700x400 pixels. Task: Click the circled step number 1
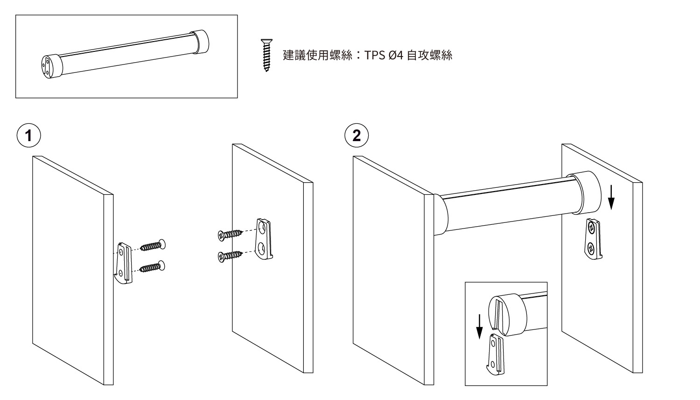(x=29, y=136)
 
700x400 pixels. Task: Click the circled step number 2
(x=357, y=136)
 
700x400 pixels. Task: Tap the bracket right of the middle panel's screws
(x=265, y=238)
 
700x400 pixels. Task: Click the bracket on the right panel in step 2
(x=593, y=239)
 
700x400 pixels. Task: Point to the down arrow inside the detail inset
(x=479, y=327)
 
